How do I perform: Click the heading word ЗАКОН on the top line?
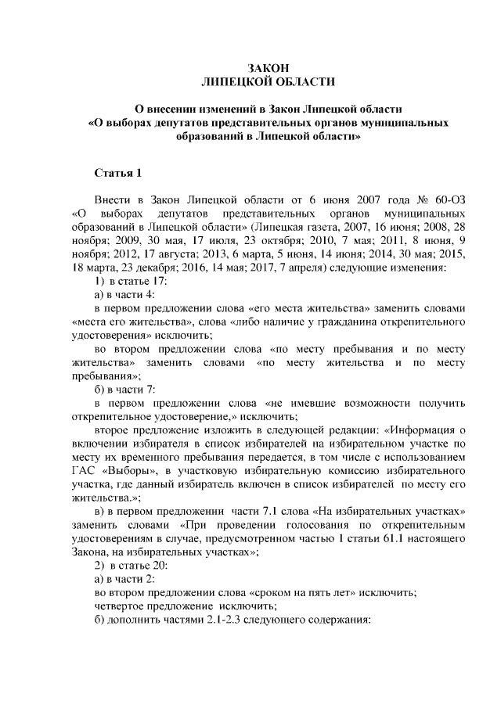coord(269,70)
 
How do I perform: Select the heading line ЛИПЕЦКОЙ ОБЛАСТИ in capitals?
coord(269,82)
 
